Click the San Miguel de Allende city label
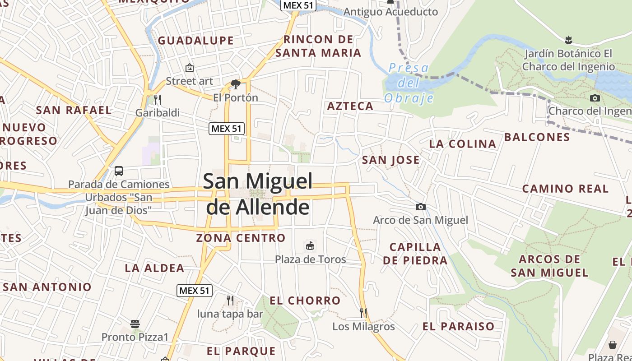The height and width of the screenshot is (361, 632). [x=257, y=194]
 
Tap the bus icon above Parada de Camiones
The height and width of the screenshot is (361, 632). [x=119, y=171]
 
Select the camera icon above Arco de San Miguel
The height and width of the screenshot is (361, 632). [x=420, y=207]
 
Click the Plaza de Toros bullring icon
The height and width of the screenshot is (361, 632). [x=310, y=246]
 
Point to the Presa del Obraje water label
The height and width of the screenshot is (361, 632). [x=409, y=83]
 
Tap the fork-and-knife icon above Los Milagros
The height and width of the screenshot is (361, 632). [x=363, y=313]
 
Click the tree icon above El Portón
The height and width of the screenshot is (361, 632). [x=235, y=84]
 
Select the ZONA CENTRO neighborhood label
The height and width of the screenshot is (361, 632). [x=241, y=238]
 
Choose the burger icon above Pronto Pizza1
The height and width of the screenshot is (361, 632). [x=135, y=324]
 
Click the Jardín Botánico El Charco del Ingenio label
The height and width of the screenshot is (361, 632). [x=568, y=60]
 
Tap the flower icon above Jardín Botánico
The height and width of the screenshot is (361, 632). [x=568, y=40]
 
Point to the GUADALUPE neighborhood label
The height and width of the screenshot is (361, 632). [x=195, y=41]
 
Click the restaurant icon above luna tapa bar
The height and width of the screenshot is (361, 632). [x=230, y=300]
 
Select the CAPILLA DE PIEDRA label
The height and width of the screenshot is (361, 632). [x=415, y=254]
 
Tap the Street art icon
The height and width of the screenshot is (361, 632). [x=190, y=68]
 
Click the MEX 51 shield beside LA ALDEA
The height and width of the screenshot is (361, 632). [x=194, y=291]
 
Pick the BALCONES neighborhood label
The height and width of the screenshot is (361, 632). [x=537, y=137]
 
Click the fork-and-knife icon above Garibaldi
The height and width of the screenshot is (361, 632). [x=157, y=99]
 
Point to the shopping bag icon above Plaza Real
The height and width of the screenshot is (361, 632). [x=612, y=345]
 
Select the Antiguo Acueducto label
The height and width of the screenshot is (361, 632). [x=390, y=12]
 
